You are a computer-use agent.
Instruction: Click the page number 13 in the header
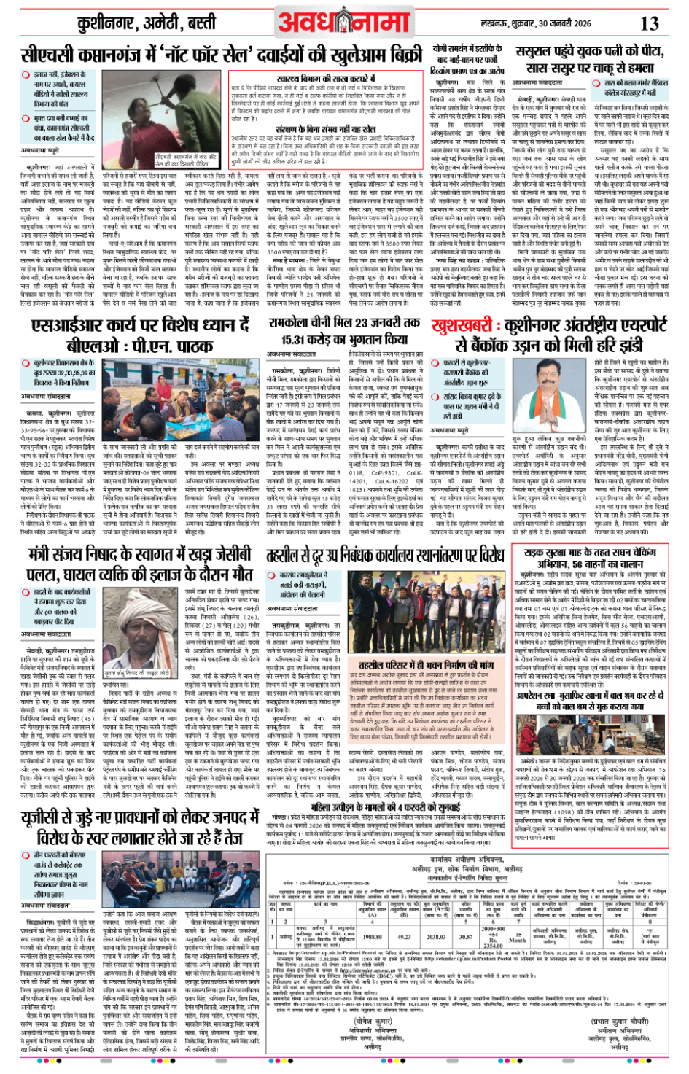(650, 23)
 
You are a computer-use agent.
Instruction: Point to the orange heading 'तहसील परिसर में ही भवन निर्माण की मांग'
(426, 665)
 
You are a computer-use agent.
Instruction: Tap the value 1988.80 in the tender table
(372, 937)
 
